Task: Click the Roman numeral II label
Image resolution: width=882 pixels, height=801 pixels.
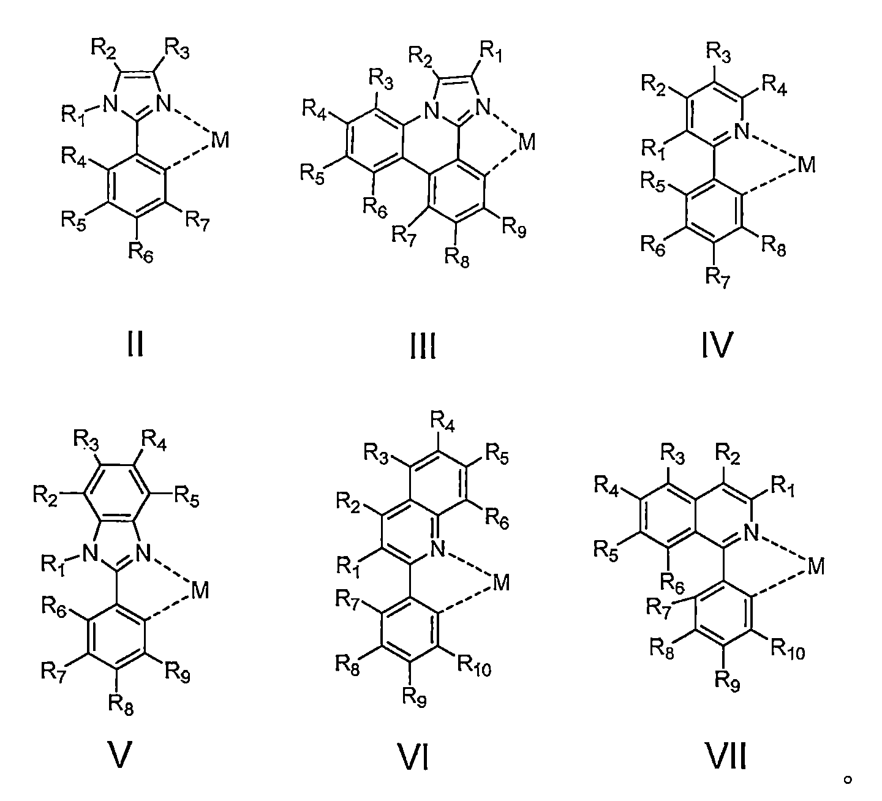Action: point(135,345)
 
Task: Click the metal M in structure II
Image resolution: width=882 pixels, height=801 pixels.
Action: point(220,141)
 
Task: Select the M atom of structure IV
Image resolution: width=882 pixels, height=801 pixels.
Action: point(807,164)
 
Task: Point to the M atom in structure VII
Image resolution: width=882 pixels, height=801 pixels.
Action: point(815,567)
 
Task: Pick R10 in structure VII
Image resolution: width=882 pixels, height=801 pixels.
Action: point(788,650)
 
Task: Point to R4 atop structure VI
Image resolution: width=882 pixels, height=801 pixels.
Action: point(442,422)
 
